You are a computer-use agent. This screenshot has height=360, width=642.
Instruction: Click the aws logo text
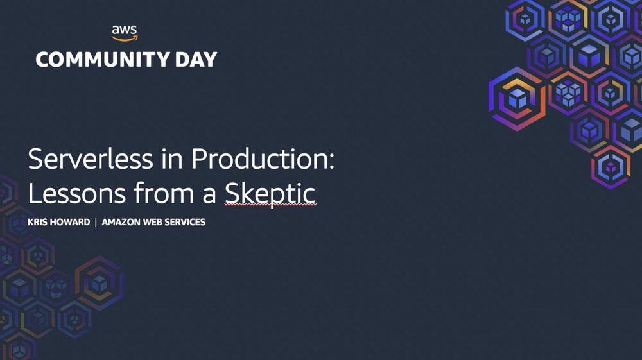[x=125, y=30]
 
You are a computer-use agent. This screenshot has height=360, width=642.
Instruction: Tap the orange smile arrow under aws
[x=125, y=39]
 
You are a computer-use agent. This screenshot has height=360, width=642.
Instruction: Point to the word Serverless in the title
[x=91, y=159]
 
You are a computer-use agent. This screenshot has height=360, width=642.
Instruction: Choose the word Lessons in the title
[x=76, y=193]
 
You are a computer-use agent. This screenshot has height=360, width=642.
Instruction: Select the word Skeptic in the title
[x=270, y=194]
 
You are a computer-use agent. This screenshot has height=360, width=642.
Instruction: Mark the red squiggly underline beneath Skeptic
[x=270, y=205]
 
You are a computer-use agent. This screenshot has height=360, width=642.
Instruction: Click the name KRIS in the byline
[x=35, y=222]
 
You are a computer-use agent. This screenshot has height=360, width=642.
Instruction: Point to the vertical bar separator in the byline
[x=96, y=222]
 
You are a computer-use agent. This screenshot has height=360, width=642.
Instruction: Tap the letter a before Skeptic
[x=209, y=195]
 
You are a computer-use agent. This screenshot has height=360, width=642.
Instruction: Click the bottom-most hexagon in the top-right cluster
[x=611, y=167]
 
